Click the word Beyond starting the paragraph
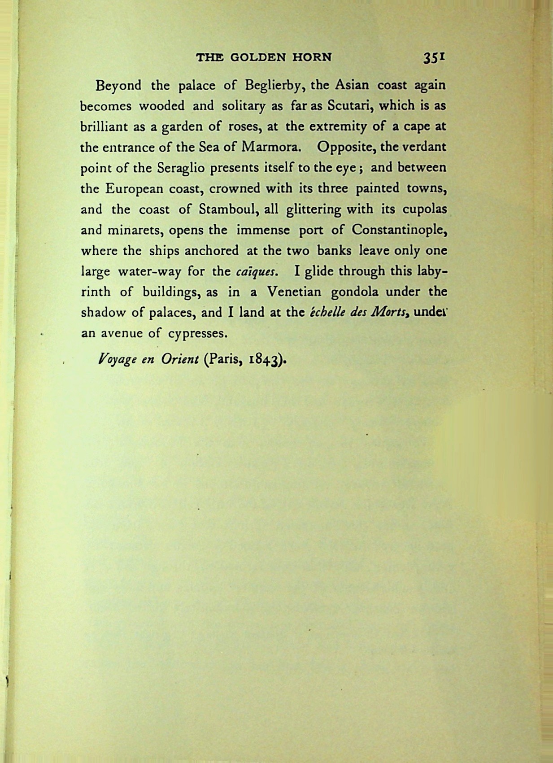pyautogui.click(x=118, y=86)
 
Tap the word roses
pyautogui.click(x=244, y=127)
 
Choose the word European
pyautogui.click(x=134, y=189)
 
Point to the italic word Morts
pyautogui.click(x=392, y=313)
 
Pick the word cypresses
pyautogui.click(x=199, y=334)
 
